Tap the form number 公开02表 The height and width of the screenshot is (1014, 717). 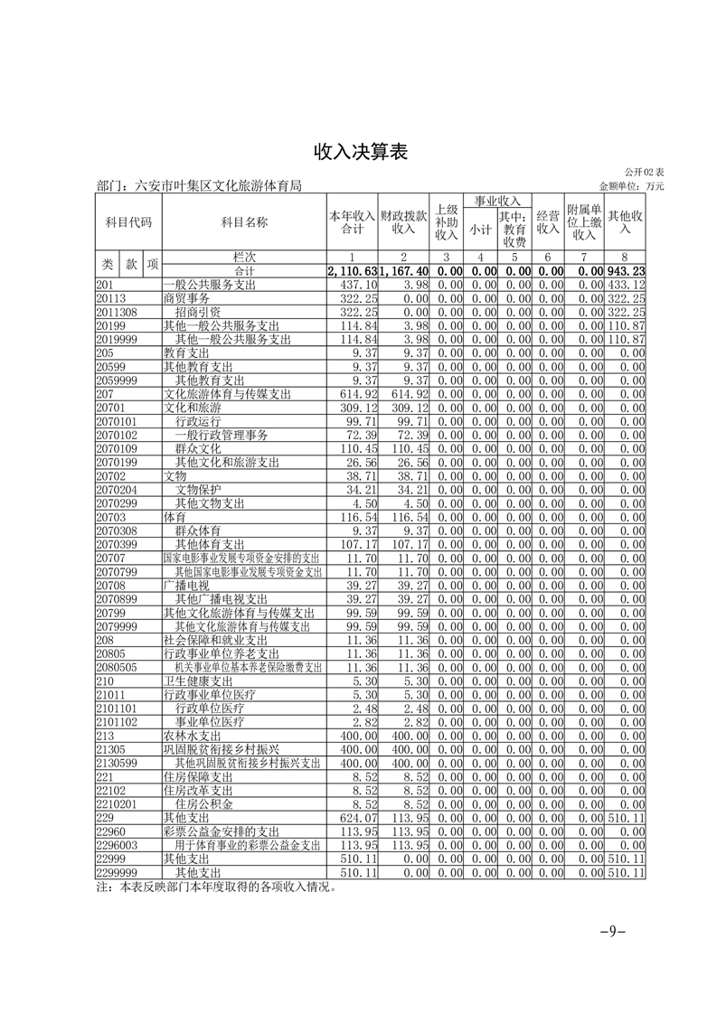pyautogui.click(x=644, y=172)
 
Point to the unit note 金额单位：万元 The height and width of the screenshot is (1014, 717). pyautogui.click(x=631, y=186)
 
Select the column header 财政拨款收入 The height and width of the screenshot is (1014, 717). pyautogui.click(x=402, y=222)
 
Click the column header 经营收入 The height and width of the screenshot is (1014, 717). pyautogui.click(x=548, y=222)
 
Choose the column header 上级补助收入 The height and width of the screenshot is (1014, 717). pyautogui.click(x=447, y=222)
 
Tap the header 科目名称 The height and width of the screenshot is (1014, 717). pyautogui.click(x=244, y=222)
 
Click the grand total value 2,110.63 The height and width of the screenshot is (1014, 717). pyautogui.click(x=353, y=272)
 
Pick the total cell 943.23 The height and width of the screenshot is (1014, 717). pyautogui.click(x=626, y=272)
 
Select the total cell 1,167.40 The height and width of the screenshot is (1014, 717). pyautogui.click(x=403, y=272)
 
